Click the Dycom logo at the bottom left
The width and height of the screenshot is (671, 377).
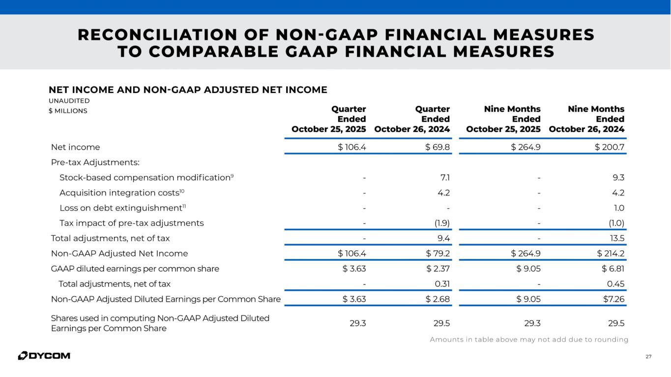click(44, 355)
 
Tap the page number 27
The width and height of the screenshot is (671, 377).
click(648, 357)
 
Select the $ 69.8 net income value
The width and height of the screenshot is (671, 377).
click(437, 147)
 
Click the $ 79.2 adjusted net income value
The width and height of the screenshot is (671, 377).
click(437, 253)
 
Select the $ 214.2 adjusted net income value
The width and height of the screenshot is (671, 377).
click(611, 253)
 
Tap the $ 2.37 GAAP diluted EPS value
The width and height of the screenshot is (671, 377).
click(438, 269)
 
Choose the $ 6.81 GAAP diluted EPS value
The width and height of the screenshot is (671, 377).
click(613, 269)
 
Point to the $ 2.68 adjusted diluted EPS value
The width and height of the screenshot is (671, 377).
click(438, 299)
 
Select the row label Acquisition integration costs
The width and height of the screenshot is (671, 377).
click(122, 193)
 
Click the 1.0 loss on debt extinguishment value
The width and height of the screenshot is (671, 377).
click(618, 208)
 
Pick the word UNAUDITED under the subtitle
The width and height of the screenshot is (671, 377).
click(69, 101)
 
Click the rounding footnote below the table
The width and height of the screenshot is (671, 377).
click(529, 340)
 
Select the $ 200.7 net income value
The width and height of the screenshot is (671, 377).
click(610, 147)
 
